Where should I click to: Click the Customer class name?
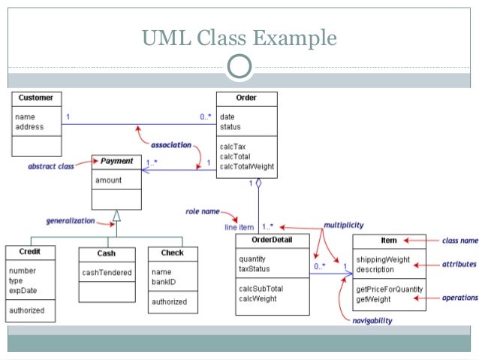tap(36, 98)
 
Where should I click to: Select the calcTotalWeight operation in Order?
tap(247, 167)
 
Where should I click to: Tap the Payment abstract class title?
tap(116, 161)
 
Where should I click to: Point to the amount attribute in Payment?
tap(108, 180)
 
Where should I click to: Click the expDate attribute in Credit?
tap(23, 291)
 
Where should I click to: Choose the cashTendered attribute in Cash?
tap(107, 273)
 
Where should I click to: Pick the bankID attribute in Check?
tap(164, 282)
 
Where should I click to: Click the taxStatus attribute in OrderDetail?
tap(255, 269)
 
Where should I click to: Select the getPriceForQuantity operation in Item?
tap(390, 289)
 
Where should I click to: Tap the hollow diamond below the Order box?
tap(258, 183)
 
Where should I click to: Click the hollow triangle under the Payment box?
tap(116, 216)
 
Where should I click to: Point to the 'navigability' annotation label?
tap(372, 321)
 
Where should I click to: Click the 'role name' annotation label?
tap(203, 211)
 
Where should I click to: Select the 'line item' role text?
tap(239, 227)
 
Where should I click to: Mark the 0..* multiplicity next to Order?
tap(205, 116)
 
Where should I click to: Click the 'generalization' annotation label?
tap(71, 221)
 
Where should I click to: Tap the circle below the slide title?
tap(239, 66)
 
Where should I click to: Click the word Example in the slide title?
tap(295, 38)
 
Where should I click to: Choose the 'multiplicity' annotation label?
tap(344, 225)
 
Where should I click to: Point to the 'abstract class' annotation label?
tap(51, 166)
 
